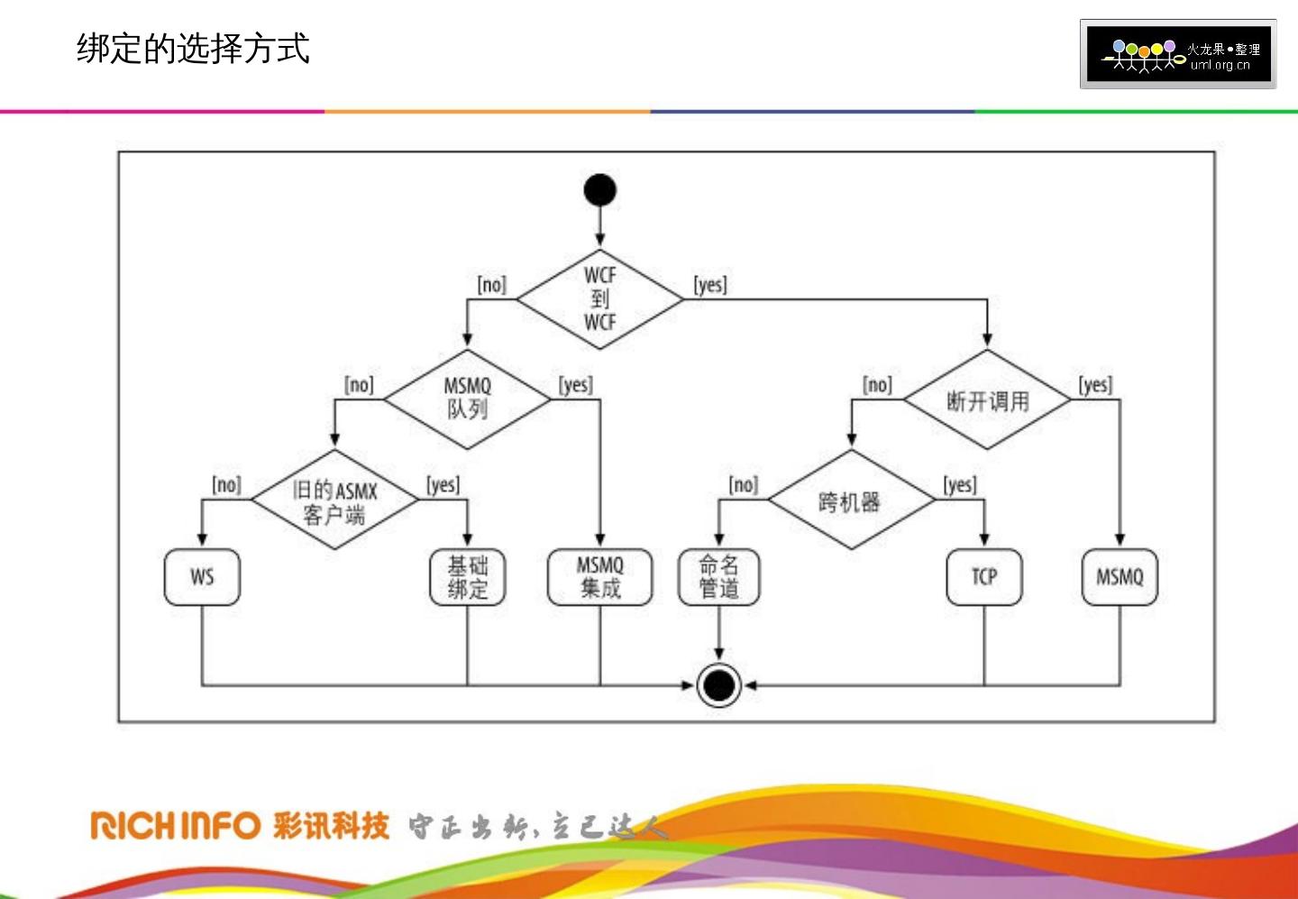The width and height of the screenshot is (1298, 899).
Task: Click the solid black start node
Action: point(600,190)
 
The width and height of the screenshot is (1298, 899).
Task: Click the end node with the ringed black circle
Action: point(718,685)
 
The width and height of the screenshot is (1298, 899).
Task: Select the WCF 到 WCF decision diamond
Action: point(600,299)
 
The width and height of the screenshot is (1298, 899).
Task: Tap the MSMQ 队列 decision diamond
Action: point(467,399)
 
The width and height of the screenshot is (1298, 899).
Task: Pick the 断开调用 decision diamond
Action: point(987,400)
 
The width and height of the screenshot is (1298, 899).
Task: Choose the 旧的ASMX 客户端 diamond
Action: point(334,500)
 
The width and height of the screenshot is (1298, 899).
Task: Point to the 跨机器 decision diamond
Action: point(851,500)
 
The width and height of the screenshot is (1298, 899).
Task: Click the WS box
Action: point(202,577)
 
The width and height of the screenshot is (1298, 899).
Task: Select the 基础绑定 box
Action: point(467,577)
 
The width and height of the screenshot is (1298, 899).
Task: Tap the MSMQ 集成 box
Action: point(600,577)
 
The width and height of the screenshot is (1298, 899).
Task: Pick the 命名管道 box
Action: point(718,577)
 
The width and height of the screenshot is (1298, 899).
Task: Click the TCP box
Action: point(984,577)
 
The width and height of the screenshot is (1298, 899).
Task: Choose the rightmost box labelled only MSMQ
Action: point(1120,577)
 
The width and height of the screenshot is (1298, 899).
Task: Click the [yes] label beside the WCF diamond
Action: point(710,285)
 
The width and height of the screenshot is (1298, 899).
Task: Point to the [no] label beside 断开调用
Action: point(877,385)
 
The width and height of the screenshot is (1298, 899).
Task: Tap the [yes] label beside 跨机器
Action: point(960,485)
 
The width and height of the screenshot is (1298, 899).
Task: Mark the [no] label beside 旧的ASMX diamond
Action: point(226,485)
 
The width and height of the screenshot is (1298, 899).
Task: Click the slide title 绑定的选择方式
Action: point(193,49)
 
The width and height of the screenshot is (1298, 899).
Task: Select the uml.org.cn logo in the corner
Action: point(1178,54)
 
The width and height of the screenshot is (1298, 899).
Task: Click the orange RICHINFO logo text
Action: point(176,825)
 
